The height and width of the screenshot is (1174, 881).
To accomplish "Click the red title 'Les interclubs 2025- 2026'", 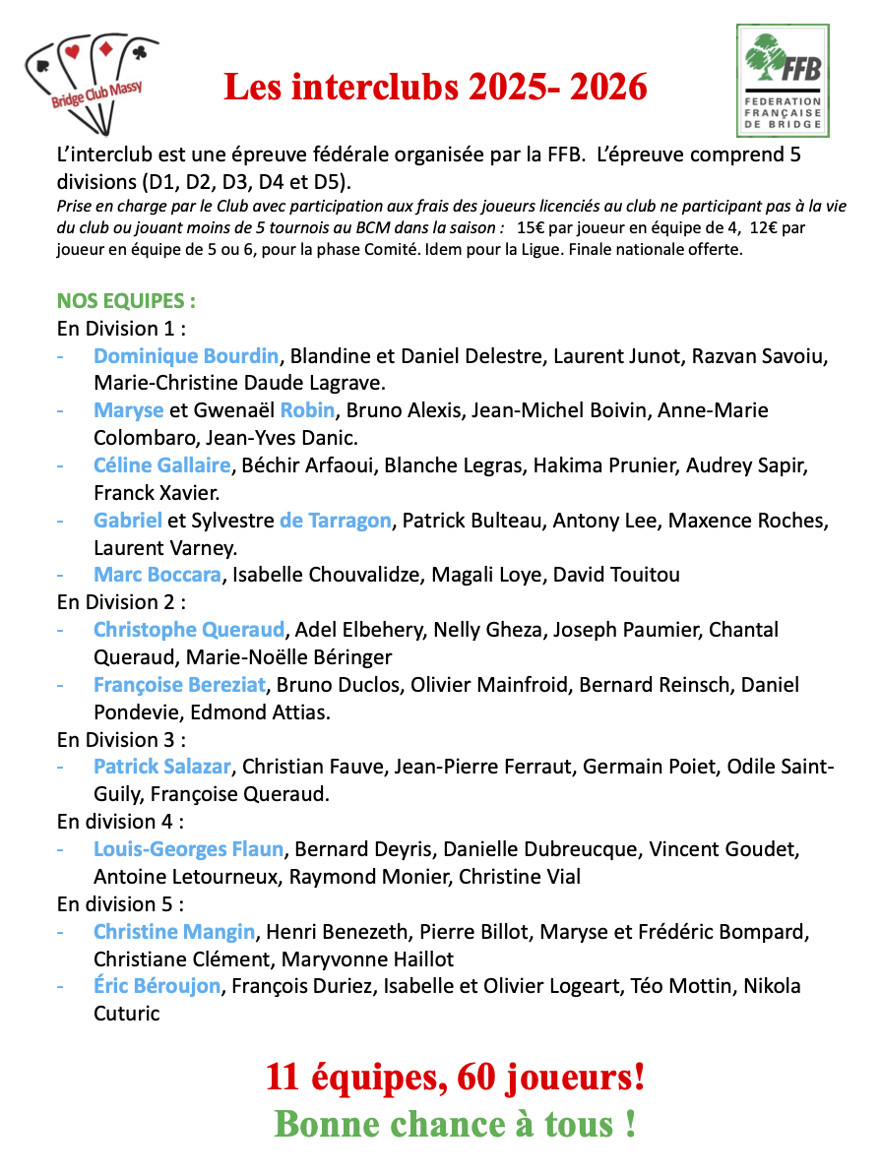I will tap(435, 89).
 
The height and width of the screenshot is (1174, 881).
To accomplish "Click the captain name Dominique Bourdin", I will tap(187, 355).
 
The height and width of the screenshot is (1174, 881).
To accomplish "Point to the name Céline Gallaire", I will tap(162, 464).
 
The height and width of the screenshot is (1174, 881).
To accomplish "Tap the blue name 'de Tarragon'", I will tap(336, 520).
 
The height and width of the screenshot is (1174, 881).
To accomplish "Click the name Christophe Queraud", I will tap(189, 629).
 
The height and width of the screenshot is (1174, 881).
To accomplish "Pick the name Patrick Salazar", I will tap(162, 766).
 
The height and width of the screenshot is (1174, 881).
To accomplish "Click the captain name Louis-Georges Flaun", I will tap(189, 848).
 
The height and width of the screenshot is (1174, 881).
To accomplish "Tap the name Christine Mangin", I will tap(175, 931).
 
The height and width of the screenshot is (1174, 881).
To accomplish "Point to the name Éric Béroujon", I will tap(157, 985).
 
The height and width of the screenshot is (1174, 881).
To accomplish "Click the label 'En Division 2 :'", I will tap(122, 601).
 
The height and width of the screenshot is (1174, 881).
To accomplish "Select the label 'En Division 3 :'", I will tap(122, 739).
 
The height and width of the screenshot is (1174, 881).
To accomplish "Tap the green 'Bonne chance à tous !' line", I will tap(454, 1124).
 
